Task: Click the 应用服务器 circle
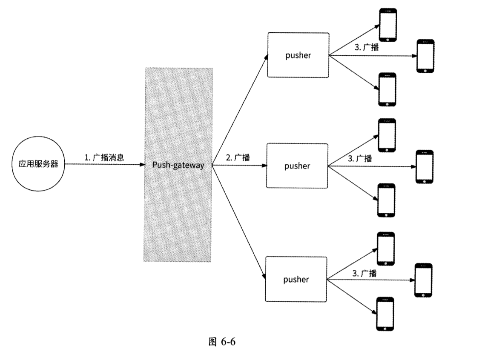click(x=38, y=164)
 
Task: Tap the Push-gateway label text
click(x=178, y=165)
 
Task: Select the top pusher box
click(x=298, y=55)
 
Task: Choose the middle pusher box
click(x=297, y=166)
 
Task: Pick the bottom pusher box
click(x=296, y=279)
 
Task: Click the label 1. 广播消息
click(x=104, y=157)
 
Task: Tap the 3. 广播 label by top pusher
click(x=367, y=47)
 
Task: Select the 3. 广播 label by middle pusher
click(x=360, y=159)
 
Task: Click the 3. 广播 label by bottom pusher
click(x=364, y=273)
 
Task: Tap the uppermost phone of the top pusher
click(x=388, y=25)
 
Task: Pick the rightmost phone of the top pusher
click(x=425, y=56)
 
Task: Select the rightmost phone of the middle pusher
click(x=425, y=166)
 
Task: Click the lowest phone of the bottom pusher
click(x=385, y=314)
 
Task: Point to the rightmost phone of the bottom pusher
click(x=423, y=280)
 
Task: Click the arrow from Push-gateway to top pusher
click(x=240, y=111)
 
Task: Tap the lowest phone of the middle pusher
click(x=387, y=200)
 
